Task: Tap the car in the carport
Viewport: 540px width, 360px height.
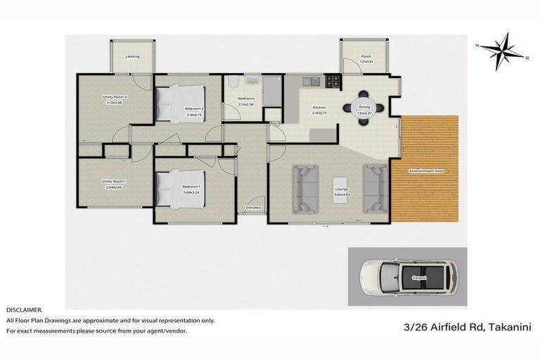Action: (x=407, y=278)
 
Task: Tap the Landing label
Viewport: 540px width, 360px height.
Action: (x=132, y=56)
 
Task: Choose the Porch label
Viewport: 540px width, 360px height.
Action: (x=365, y=56)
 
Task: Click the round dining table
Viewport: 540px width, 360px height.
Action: (x=364, y=109)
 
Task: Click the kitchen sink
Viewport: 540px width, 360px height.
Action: (x=311, y=82)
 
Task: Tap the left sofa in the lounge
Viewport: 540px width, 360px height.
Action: (x=307, y=188)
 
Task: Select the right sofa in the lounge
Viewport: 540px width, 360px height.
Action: (x=375, y=188)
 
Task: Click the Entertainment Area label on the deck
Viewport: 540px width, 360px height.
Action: (x=425, y=171)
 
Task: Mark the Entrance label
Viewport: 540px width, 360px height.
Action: (x=253, y=207)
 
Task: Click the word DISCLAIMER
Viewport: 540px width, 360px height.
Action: (x=24, y=309)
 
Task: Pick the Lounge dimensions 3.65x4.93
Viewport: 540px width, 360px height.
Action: (x=342, y=194)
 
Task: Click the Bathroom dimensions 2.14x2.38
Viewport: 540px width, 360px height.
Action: (x=246, y=104)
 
